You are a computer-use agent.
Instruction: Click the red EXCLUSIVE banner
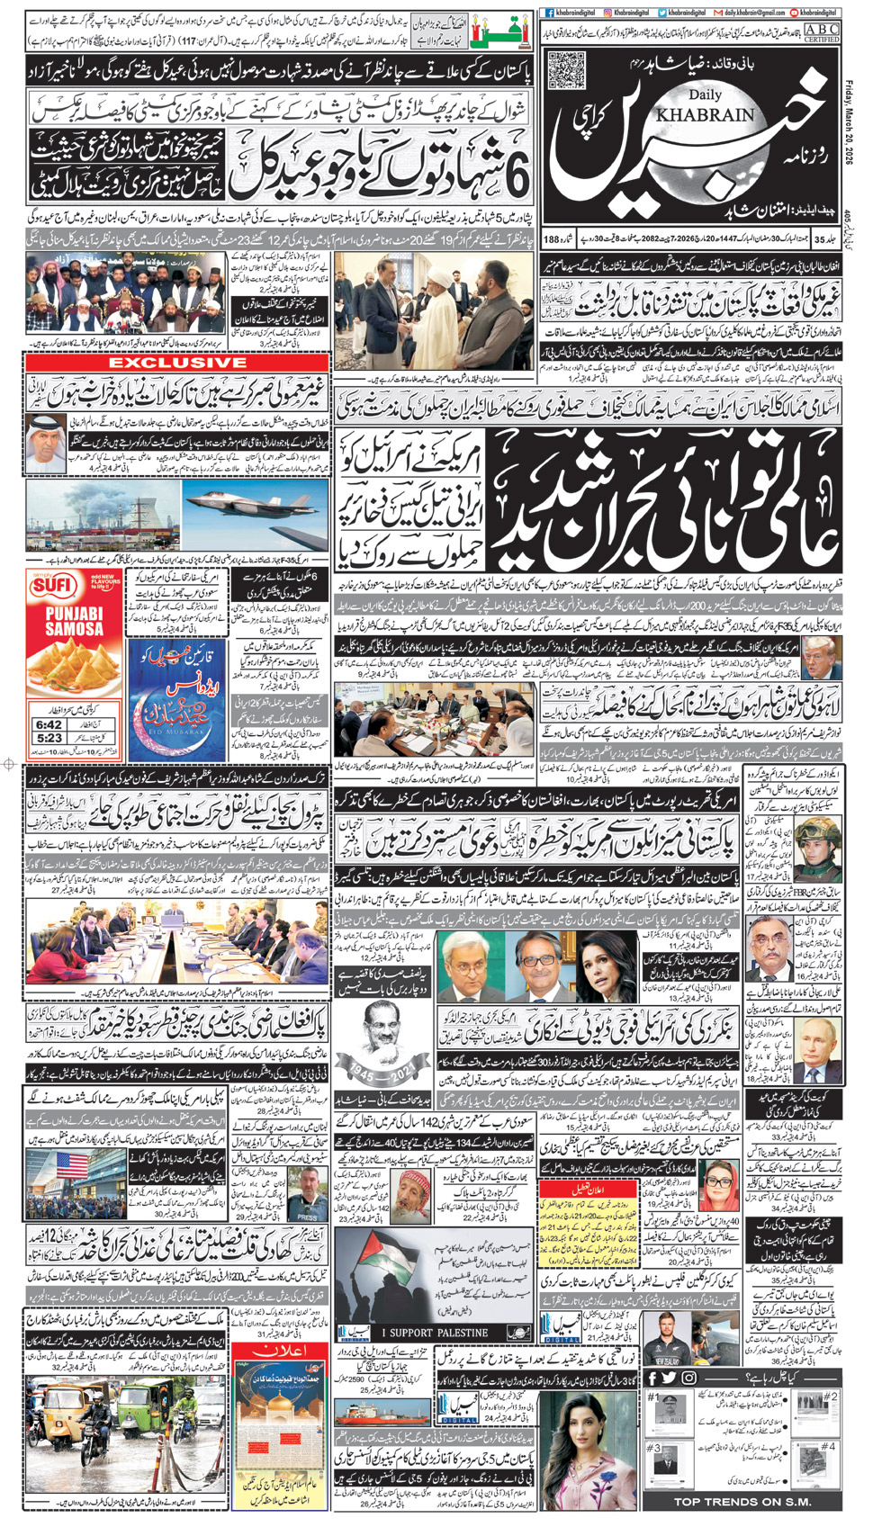[178, 363]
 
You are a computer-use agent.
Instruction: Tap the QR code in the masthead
[566, 71]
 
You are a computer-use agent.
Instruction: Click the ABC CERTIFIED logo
[821, 33]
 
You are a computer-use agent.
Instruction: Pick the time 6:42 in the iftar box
[49, 724]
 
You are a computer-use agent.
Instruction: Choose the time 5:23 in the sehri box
[49, 738]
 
